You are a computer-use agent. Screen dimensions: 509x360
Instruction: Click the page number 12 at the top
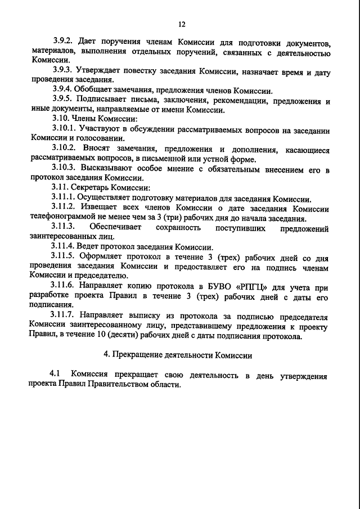pos(181,24)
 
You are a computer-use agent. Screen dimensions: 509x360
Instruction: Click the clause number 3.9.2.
pos(63,42)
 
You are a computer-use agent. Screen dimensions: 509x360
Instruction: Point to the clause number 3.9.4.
pos(63,90)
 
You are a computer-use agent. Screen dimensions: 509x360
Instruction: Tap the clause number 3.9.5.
pos(63,100)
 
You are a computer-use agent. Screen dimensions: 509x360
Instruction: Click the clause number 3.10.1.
pos(64,129)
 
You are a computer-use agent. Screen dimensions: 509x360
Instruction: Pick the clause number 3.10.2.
pos(64,150)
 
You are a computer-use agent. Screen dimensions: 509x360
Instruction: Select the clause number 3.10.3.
pos(64,169)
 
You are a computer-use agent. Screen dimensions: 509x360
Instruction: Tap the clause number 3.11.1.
pos(64,198)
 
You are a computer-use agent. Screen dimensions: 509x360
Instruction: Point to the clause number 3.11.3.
pos(64,227)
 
